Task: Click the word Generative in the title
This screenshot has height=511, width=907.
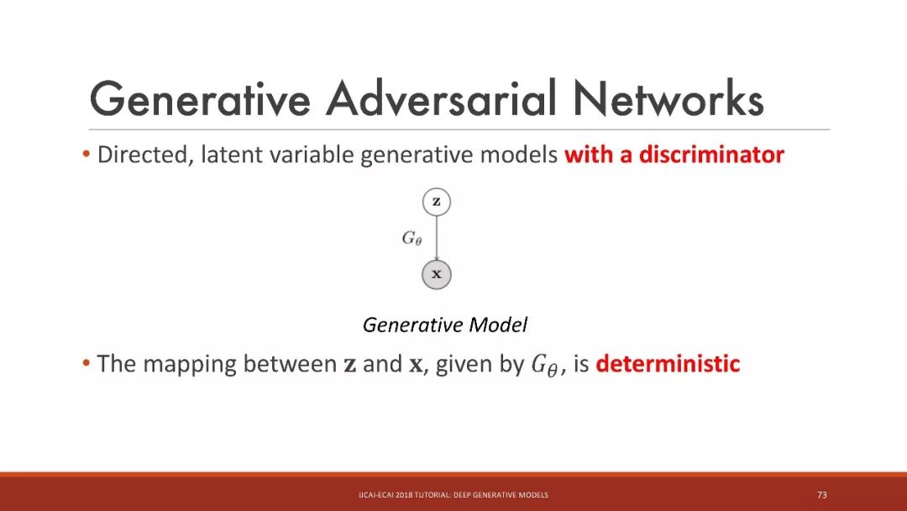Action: point(200,98)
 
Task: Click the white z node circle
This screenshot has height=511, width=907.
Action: point(436,202)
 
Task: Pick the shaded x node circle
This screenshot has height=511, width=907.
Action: point(436,274)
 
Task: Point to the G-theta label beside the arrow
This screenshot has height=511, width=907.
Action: point(412,238)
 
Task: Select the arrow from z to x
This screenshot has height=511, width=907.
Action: point(436,238)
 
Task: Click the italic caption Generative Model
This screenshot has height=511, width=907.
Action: point(445,324)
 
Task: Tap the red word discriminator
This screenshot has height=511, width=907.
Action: point(711,155)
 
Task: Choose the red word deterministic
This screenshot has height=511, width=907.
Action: point(668,363)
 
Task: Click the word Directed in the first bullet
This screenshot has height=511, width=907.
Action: point(144,155)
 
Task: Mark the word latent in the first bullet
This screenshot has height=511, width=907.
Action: point(232,155)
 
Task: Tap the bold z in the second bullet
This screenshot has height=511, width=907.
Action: point(350,366)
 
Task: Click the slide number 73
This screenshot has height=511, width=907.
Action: point(822,495)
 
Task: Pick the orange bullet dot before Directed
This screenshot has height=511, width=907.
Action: point(87,155)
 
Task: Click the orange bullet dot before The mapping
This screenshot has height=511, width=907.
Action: point(87,363)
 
